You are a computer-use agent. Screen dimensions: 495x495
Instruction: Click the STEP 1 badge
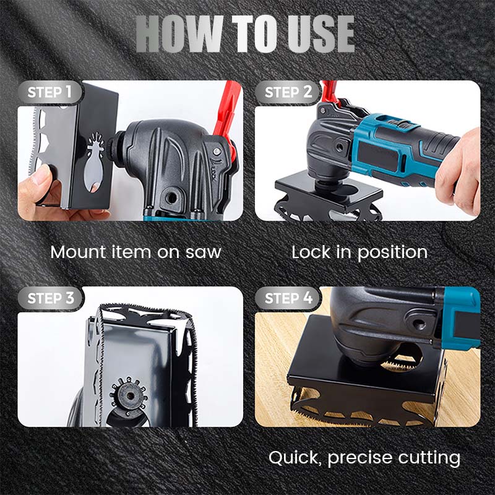(x=50, y=92)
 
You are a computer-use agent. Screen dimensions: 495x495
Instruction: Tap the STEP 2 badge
(x=288, y=92)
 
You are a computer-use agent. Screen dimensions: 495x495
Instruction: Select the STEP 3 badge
(x=51, y=298)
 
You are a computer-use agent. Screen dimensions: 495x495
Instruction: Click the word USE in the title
(x=321, y=34)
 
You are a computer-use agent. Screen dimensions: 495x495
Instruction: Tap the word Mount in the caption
(x=78, y=252)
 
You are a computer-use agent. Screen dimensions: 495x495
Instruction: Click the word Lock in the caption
(x=312, y=252)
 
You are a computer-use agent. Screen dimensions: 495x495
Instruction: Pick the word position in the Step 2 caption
(x=392, y=253)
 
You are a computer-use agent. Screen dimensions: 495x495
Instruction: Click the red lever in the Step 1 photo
(x=227, y=117)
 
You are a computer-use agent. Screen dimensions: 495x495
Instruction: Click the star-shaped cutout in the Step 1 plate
(x=95, y=161)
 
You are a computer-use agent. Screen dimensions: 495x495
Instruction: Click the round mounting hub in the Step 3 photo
(x=129, y=395)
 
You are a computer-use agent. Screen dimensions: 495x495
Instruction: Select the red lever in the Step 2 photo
(x=330, y=92)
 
